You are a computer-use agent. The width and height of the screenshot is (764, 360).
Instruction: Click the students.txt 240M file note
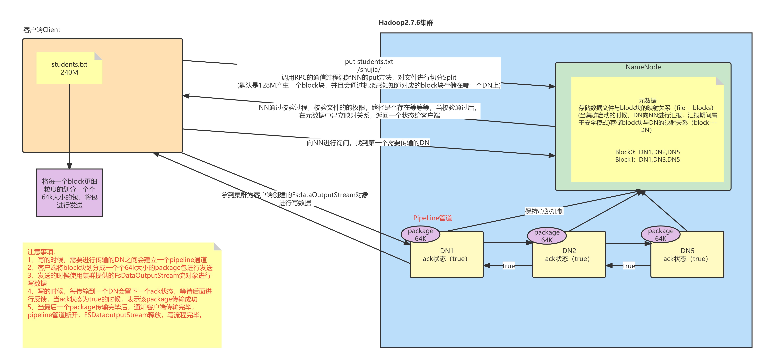click(69, 68)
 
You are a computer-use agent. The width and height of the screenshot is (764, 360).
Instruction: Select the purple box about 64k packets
click(69, 193)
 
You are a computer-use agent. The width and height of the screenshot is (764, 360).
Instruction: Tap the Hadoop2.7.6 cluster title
click(406, 22)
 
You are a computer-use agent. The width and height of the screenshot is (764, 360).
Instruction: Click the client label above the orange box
click(42, 30)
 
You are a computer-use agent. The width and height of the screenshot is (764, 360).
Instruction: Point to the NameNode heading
click(643, 67)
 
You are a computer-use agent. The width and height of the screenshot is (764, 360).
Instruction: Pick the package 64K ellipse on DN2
click(547, 236)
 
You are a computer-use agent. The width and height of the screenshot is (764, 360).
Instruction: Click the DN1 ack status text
click(446, 259)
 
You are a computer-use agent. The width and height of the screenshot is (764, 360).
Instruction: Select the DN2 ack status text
click(568, 259)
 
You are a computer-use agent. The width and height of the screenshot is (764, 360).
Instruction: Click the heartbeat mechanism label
click(544, 211)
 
